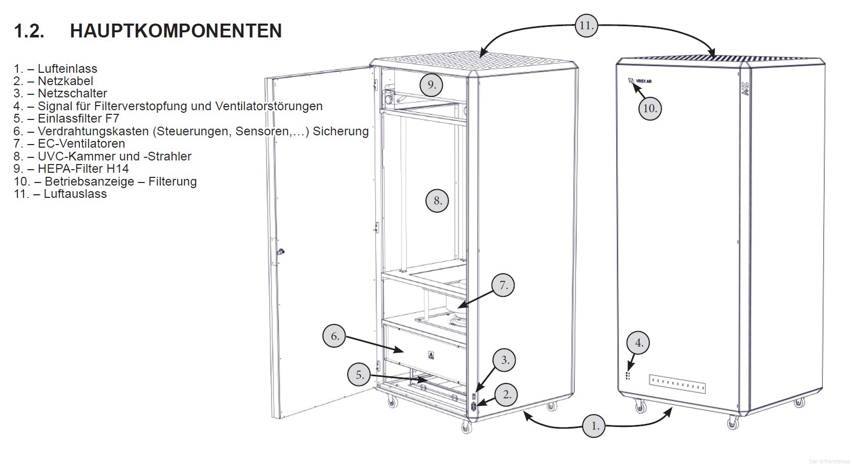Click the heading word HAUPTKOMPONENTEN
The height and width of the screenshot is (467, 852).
[x=176, y=31]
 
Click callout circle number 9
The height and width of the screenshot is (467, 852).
[x=432, y=85]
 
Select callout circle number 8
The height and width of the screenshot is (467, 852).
[x=437, y=200]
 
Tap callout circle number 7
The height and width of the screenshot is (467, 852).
[x=503, y=286]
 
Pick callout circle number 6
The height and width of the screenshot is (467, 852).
[x=334, y=336]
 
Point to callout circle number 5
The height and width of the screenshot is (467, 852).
[x=359, y=375]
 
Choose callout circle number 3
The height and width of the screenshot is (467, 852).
[x=505, y=360]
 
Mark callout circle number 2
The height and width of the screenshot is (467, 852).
[x=507, y=394]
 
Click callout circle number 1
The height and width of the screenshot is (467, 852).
[x=594, y=425]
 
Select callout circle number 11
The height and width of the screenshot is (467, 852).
[x=586, y=25]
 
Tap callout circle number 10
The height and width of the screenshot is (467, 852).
[x=650, y=108]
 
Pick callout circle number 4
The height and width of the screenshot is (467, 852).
[x=639, y=342]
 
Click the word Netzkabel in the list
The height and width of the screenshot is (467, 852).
[x=65, y=81]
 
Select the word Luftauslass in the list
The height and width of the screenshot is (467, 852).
[x=75, y=194]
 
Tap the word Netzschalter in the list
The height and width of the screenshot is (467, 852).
[x=72, y=93]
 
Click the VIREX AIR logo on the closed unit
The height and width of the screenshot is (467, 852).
[x=640, y=81]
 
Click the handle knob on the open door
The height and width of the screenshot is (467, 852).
[x=281, y=252]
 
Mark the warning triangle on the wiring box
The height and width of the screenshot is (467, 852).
[x=431, y=354]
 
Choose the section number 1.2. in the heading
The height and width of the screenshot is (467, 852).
[x=29, y=31]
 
